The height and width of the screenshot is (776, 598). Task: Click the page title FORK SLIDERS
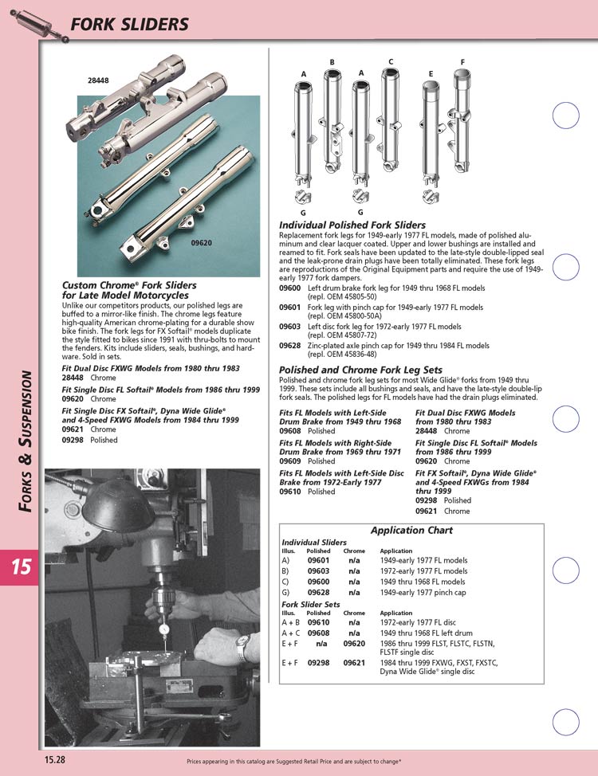pyautogui.click(x=130, y=24)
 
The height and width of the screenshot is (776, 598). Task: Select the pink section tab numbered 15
pyautogui.click(x=20, y=567)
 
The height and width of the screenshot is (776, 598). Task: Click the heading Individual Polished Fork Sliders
pyautogui.click(x=352, y=225)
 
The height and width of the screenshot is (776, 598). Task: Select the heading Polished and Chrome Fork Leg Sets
pyautogui.click(x=360, y=370)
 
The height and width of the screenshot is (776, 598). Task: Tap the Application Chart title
pyautogui.click(x=411, y=531)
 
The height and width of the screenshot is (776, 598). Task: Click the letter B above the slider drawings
pyautogui.click(x=332, y=62)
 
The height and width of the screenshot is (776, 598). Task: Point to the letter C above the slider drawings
pyautogui.click(x=391, y=62)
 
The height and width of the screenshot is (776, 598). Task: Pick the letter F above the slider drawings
pyautogui.click(x=462, y=62)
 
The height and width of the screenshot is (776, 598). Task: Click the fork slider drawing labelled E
pyautogui.click(x=431, y=127)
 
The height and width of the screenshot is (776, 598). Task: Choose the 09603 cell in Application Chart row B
pyautogui.click(x=319, y=571)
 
